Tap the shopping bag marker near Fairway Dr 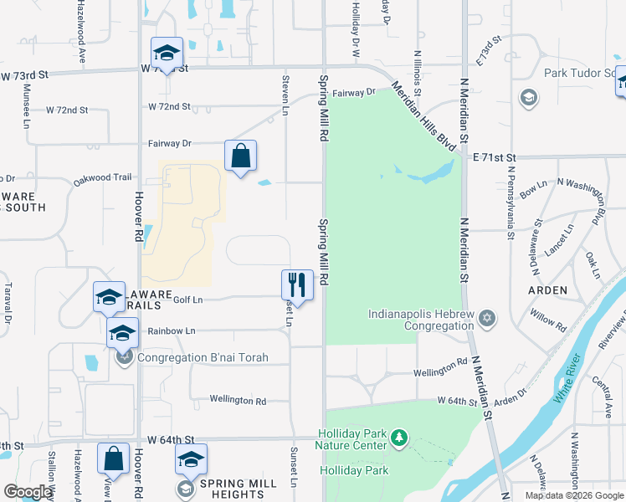coord(240,156)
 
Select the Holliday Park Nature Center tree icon coord(400,437)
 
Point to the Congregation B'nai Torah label coord(203,357)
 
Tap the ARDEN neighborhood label coord(547,290)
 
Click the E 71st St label coord(495,156)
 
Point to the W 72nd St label coord(170,107)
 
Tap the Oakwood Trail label coord(103,177)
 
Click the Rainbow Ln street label coord(171,331)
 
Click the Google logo coord(28,492)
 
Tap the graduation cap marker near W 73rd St coord(167,53)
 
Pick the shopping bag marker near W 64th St coord(113,458)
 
